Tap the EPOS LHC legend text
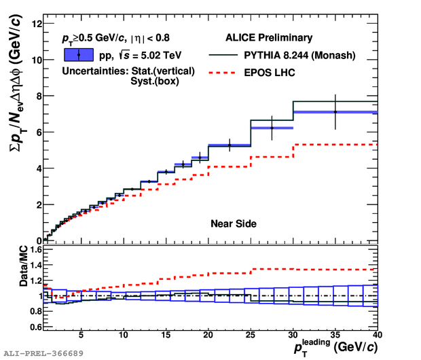(268, 72)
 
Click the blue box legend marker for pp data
(79, 55)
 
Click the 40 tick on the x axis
(378, 336)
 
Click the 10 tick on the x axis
(124, 336)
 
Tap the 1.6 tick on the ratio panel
(34, 250)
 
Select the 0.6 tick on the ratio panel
(34, 326)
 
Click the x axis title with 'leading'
(334, 348)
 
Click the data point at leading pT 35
(335, 111)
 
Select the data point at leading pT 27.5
(272, 128)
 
